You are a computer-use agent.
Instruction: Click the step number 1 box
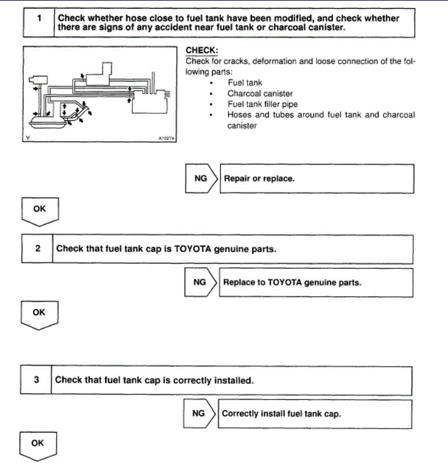(x=38, y=22)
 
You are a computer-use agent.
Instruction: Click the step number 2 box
(x=38, y=249)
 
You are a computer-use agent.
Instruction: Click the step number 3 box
(x=36, y=380)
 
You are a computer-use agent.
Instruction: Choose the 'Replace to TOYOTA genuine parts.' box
(x=316, y=282)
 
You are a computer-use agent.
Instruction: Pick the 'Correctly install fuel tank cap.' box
(x=315, y=413)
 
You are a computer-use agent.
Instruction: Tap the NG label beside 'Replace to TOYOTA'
(x=199, y=282)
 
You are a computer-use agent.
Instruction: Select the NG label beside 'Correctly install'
(x=198, y=413)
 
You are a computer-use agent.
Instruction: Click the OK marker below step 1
(x=39, y=209)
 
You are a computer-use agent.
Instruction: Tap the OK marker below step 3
(x=38, y=444)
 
